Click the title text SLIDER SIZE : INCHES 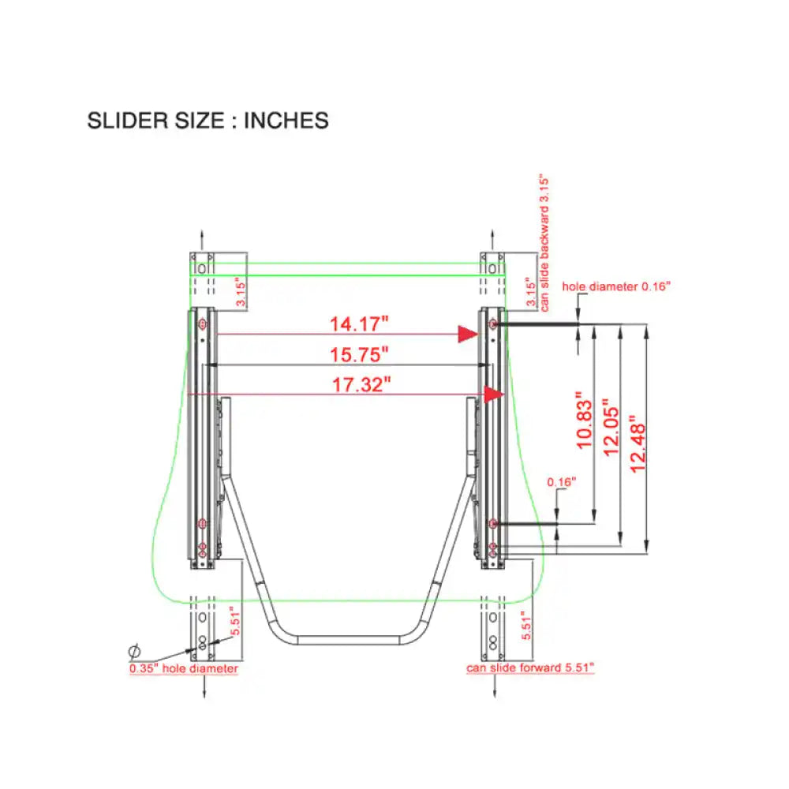click(x=208, y=121)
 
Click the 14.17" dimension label click(x=359, y=323)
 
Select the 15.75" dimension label click(x=359, y=354)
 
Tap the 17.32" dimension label click(x=361, y=384)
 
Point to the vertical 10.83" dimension click(x=585, y=420)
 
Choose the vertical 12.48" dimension click(x=638, y=443)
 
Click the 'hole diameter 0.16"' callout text click(x=616, y=286)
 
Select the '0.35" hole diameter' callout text click(x=184, y=668)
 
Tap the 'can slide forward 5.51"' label click(x=530, y=667)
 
